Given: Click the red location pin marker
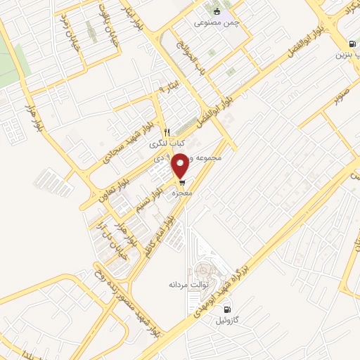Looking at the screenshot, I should coord(181,165).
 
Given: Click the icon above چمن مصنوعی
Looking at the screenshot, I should coord(217,11).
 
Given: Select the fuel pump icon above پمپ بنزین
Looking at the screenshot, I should coord(351,43).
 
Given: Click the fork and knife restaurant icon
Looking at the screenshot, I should coord(166,131).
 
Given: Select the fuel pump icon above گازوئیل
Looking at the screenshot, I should coord(226,309).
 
